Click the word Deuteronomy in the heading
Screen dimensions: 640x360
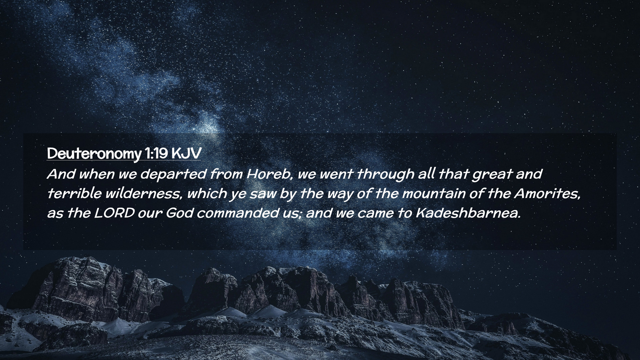(x=94, y=154)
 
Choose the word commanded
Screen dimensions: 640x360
(x=237, y=213)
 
